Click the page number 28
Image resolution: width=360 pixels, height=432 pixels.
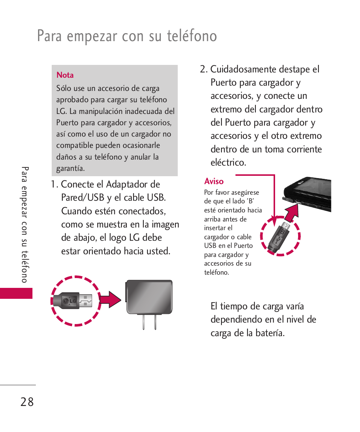(27, 402)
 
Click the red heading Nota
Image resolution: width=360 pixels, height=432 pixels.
(65, 75)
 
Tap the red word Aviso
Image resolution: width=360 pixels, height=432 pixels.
(214, 181)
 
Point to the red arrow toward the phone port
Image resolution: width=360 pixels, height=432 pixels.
(291, 213)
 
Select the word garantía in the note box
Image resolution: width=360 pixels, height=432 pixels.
(70, 169)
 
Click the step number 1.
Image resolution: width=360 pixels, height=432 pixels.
(54, 184)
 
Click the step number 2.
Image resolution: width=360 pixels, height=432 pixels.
(203, 69)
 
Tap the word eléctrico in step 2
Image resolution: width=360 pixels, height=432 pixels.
(228, 163)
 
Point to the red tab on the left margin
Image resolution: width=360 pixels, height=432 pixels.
(16, 294)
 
